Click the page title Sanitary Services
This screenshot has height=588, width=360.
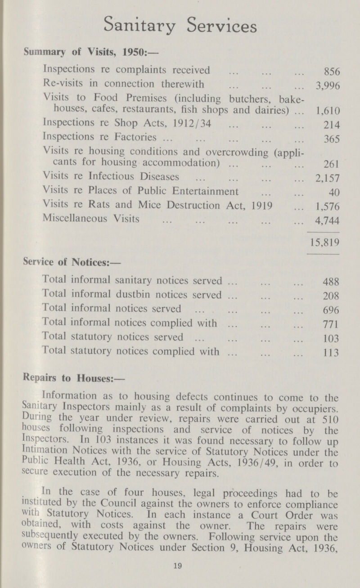(x=180, y=27)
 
